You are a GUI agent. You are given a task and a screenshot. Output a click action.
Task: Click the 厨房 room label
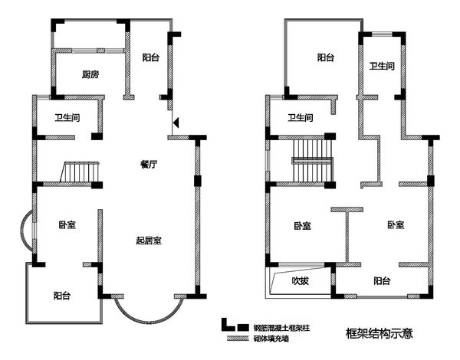coord(90,75)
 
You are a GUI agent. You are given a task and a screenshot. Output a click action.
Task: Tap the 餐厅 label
coord(149,165)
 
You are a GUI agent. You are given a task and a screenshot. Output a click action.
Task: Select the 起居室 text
coord(149,241)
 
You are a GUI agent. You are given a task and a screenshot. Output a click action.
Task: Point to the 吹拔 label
coord(300,281)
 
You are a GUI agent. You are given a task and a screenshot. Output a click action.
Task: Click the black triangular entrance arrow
coord(176,123)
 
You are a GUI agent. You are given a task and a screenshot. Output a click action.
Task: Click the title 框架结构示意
coord(379,333)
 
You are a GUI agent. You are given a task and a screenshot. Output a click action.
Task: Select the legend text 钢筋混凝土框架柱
coord(281,328)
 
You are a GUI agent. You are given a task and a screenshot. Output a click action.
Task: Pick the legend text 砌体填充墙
coord(271,339)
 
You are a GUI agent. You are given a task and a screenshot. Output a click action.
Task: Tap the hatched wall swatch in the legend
coord(238,339)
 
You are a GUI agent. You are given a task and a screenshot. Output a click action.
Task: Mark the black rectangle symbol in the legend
coord(243,327)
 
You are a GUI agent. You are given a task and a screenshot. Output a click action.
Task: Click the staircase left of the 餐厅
coord(80,172)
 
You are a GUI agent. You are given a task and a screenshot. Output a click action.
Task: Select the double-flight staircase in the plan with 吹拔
coord(313,161)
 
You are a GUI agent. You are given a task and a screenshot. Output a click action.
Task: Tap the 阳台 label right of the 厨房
coord(151,57)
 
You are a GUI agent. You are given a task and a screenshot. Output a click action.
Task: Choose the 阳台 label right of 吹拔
coord(382,281)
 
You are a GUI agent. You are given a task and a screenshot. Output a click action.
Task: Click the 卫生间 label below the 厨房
coord(67,118)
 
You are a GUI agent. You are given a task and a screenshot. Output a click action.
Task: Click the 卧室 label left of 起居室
coord(67,225)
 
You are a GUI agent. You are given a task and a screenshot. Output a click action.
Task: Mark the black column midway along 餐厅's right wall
coord(198,181)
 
